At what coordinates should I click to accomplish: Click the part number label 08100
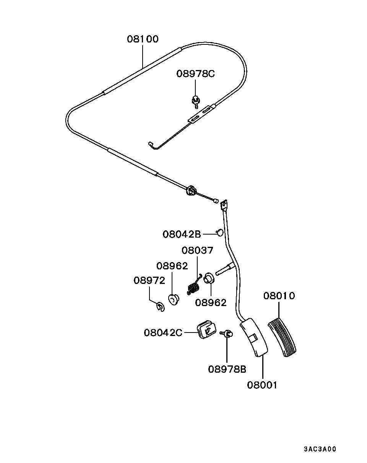143,39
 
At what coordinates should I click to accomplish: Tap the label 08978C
195,73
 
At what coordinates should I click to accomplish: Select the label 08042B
182,234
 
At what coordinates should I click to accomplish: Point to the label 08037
197,250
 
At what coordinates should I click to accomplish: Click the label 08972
149,280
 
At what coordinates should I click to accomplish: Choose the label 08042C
163,332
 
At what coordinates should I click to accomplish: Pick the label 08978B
227,369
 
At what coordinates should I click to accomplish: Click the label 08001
262,385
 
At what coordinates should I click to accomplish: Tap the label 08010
279,296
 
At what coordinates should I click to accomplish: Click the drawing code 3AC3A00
320,449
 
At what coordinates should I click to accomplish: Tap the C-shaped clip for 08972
161,306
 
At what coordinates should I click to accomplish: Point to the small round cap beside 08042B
220,232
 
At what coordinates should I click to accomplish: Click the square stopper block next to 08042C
206,329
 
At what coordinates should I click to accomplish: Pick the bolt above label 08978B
227,334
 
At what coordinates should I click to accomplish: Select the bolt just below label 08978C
196,100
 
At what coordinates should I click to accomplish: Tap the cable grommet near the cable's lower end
191,190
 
